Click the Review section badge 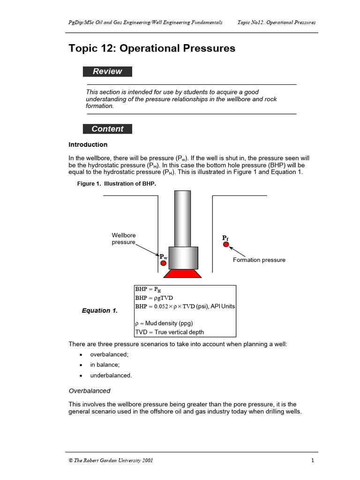pos(107,72)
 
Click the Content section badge pos(107,129)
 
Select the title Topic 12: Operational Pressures pos(152,49)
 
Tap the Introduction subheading pos(88,145)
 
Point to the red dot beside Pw pos(164,263)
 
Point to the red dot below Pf pos(226,244)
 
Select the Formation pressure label pos(259,260)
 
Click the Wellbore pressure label pos(124,239)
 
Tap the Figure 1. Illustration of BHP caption pos(116,184)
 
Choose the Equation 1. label pos(100,311)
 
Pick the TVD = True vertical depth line pos(170,332)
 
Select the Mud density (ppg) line pos(164,323)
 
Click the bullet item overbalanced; pos(109,355)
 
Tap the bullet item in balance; pos(105,365)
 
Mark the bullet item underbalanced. pos(111,375)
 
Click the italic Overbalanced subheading pos(90,390)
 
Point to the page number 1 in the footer pos(312,460)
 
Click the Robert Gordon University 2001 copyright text pos(111,460)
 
